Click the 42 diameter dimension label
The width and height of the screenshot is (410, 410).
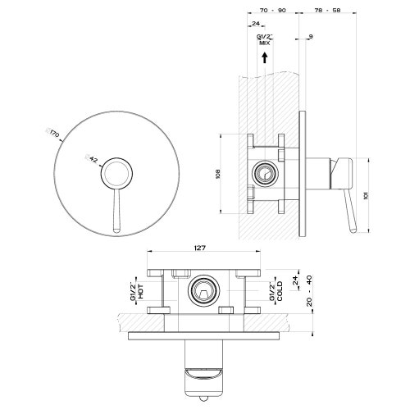92,160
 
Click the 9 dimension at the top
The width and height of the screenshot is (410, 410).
311,37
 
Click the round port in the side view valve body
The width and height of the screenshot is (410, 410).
264,173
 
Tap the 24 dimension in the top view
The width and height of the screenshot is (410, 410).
255,24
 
